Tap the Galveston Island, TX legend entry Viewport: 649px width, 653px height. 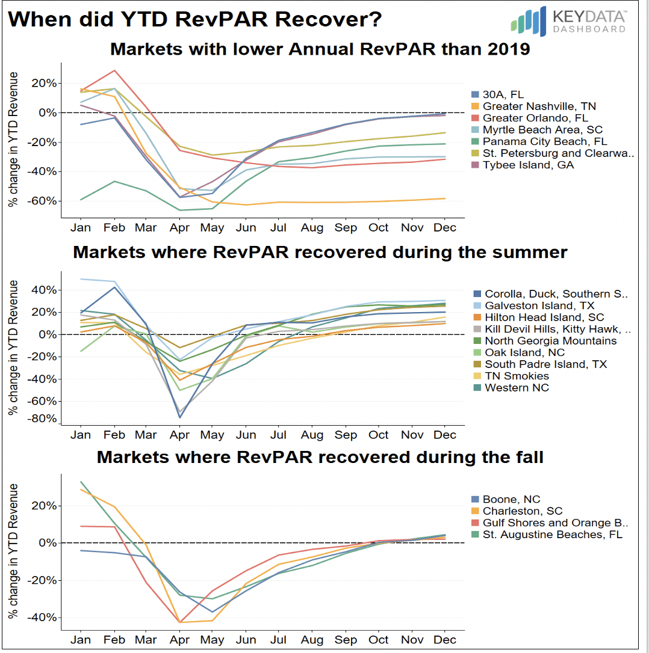tap(531, 305)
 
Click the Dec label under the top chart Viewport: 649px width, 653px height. tap(445, 228)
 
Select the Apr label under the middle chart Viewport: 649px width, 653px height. tap(179, 435)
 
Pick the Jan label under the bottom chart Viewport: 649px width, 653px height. tap(81, 640)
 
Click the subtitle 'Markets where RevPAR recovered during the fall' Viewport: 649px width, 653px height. tap(320, 458)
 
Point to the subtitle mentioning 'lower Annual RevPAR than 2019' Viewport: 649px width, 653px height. tap(320, 49)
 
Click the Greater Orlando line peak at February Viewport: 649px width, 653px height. tap(114, 70)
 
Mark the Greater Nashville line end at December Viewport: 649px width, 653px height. tap(445, 198)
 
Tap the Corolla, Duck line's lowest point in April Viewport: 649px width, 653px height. tap(179, 417)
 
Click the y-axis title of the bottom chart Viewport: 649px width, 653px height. tap(13, 551)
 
